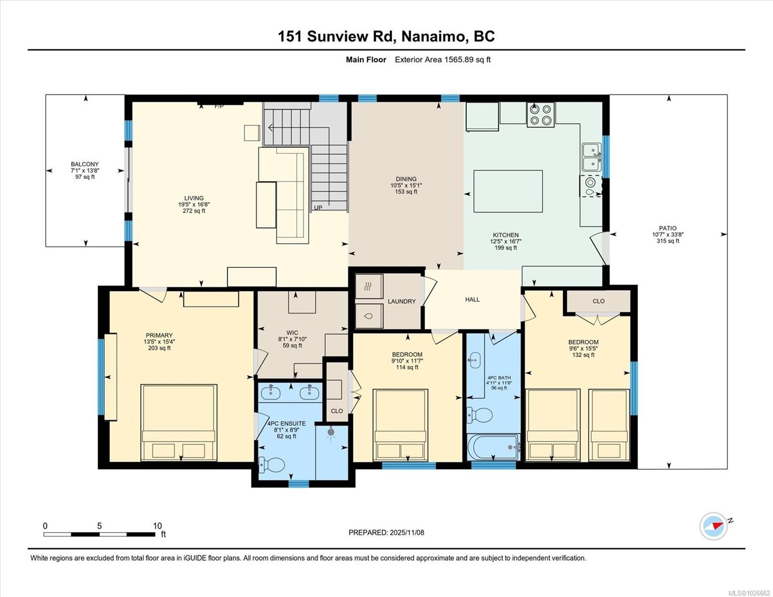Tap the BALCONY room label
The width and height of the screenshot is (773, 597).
click(x=85, y=164)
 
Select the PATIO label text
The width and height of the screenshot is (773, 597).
click(x=667, y=228)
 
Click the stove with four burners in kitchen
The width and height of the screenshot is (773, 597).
click(x=541, y=114)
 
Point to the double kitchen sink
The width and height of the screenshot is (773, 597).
click(x=591, y=157)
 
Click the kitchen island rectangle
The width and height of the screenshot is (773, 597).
click(x=508, y=191)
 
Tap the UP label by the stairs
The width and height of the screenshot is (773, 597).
click(x=318, y=207)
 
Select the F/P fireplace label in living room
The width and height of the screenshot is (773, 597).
click(x=219, y=106)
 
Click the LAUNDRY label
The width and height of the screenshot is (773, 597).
click(x=402, y=301)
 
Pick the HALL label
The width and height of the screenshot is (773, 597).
click(x=472, y=299)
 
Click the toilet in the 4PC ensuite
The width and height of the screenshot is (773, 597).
click(x=271, y=465)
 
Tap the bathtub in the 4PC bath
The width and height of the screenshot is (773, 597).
click(x=493, y=447)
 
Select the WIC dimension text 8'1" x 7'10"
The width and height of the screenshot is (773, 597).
click(x=292, y=339)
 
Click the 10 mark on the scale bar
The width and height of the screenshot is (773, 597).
click(x=157, y=526)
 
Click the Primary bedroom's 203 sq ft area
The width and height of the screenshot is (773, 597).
click(x=159, y=348)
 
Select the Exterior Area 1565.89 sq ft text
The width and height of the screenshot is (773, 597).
click(x=442, y=60)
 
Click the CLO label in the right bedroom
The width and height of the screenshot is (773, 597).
click(x=598, y=301)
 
